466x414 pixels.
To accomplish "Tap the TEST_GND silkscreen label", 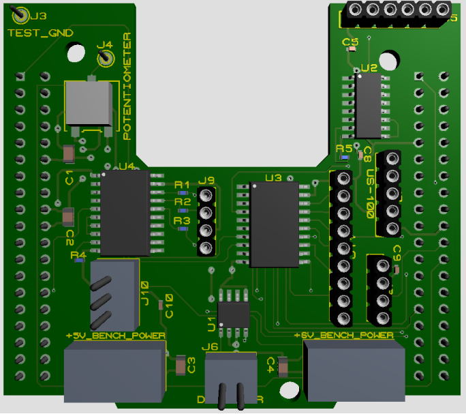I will coord(40,33).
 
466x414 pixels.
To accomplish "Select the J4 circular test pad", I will coord(105,59).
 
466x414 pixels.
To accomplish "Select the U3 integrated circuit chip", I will coord(274,224).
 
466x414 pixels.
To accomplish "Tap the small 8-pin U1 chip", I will coord(234,314).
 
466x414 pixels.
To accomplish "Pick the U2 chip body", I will coord(368,106).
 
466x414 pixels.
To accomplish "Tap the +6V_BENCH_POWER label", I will coord(343,336).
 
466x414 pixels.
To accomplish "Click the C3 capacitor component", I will coord(180,367).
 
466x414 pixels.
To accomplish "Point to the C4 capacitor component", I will coord(284,368).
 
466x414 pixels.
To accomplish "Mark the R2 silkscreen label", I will coord(182,202).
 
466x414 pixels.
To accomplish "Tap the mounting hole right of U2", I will coord(388,61).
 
